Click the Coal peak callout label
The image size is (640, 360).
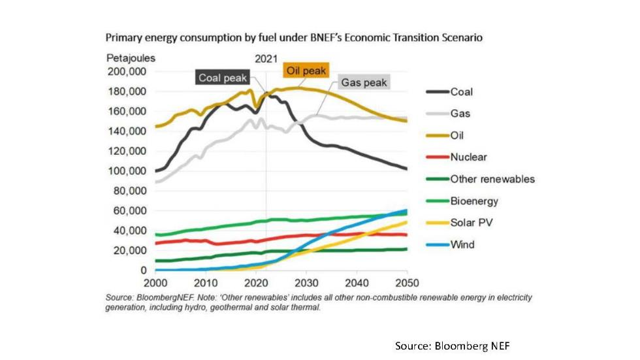[223, 78]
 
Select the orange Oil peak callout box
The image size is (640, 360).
[305, 70]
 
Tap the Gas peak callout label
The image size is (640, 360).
[363, 83]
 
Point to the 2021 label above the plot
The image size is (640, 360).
[266, 58]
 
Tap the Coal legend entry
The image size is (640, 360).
[461, 92]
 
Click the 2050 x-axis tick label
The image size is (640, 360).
[407, 283]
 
